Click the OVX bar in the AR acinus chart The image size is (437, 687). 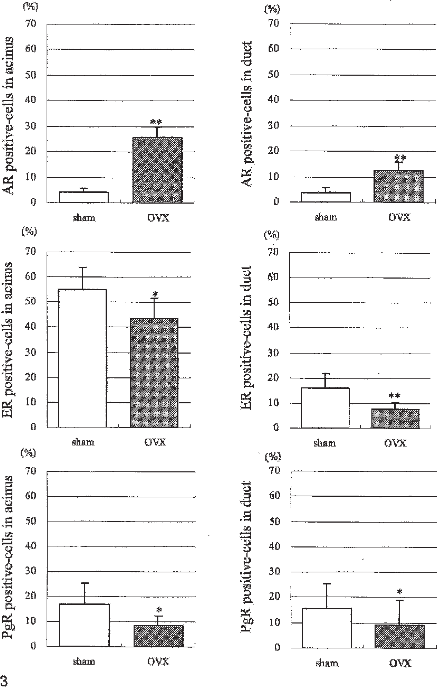point(157,170)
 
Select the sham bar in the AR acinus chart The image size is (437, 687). point(84,197)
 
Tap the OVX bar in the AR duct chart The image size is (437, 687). point(399,186)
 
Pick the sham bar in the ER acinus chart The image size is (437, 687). point(82,358)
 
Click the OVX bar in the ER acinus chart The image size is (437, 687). point(154,373)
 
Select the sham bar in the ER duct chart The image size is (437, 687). point(325,408)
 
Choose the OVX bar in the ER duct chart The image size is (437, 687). point(395,418)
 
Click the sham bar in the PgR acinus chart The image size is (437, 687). point(84,625)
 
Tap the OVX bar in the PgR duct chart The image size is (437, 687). point(400,636)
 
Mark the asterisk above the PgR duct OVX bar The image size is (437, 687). point(400,592)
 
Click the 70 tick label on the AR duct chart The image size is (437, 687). point(274,23)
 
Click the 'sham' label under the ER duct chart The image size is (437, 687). point(324,443)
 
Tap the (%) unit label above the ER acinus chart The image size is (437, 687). point(29,231)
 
